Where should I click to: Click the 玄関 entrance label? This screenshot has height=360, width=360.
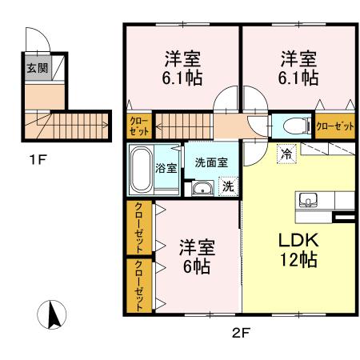pos(38,68)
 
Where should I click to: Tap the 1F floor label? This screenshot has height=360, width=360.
pos(38,160)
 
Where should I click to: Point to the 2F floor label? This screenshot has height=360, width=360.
pos(241,333)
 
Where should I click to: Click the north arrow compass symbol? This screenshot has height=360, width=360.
pos(52,314)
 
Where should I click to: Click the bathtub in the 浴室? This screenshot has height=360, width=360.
pos(141,170)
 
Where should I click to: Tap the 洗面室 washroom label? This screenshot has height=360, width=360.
pos(211,162)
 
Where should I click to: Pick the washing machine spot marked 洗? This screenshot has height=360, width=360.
pos(228,186)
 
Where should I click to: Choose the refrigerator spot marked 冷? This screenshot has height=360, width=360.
pos(286,154)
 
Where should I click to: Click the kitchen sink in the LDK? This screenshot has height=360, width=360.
pos(308,200)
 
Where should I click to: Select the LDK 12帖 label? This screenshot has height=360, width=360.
pos(298,250)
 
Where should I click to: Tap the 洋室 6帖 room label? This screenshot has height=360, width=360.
pos(197,257)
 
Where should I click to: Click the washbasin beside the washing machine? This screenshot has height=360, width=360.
pos(202,189)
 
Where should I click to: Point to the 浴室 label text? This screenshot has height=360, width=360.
pos(166,168)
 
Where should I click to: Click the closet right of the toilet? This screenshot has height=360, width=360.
pos(335,126)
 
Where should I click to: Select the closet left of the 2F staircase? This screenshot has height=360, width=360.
pos(139,126)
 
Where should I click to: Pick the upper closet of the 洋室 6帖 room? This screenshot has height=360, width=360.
pos(139,227)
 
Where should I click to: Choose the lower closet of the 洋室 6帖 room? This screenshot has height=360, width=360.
pos(139,286)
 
